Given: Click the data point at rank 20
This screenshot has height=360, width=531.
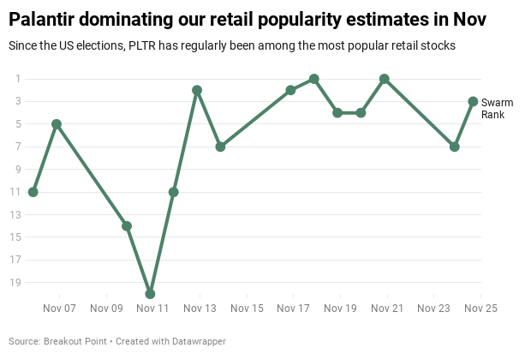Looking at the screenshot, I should click(x=150, y=293).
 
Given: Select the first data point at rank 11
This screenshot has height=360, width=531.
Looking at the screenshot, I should click(x=33, y=192).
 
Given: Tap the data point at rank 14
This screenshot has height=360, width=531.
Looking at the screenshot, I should click(x=127, y=225).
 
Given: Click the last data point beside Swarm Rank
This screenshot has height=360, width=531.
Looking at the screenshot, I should click(x=473, y=101).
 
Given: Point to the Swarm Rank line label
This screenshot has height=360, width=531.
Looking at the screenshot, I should click(x=497, y=108).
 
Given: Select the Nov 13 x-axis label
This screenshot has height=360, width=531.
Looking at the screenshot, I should click(x=200, y=309).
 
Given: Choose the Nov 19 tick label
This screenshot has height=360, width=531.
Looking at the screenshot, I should click(x=340, y=309).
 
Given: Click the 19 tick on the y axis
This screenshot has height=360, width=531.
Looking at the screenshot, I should click(x=18, y=282).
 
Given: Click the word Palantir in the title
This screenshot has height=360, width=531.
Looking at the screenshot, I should click(x=44, y=19).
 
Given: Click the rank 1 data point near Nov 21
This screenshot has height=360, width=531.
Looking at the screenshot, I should click(x=385, y=79).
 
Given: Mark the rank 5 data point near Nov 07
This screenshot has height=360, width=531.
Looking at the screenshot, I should click(x=57, y=124).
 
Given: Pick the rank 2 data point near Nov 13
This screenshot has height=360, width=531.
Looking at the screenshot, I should click(x=197, y=90).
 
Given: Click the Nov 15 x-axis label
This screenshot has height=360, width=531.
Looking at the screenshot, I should click(x=247, y=309).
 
